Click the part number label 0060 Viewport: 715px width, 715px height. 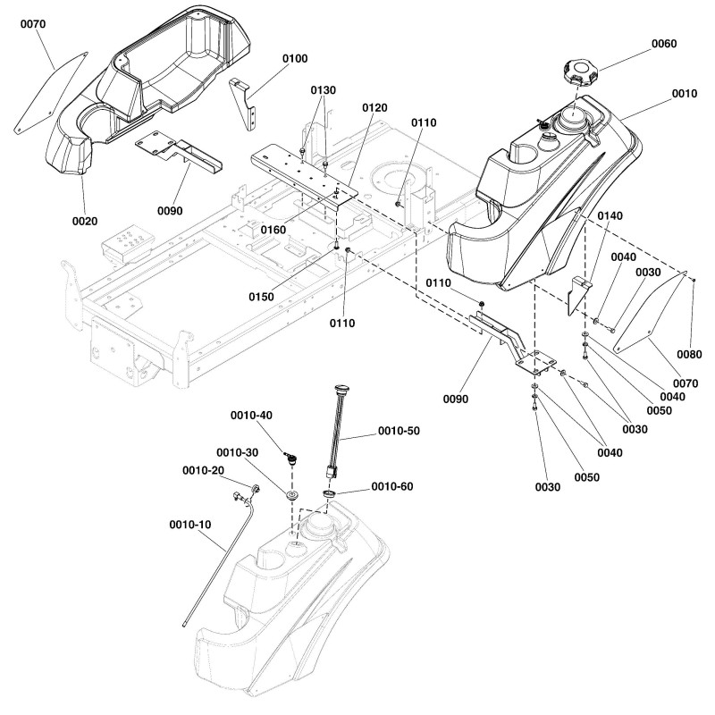click(x=664, y=45)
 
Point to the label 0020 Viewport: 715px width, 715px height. click(x=85, y=221)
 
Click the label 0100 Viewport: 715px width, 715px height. click(x=295, y=59)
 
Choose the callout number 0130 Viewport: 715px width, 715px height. click(x=324, y=90)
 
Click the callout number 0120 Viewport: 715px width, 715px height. click(x=374, y=107)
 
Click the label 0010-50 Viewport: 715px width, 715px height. click(x=400, y=431)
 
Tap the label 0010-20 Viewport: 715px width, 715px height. click(x=203, y=471)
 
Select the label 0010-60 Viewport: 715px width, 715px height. click(x=395, y=487)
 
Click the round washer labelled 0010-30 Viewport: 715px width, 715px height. click(x=291, y=493)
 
